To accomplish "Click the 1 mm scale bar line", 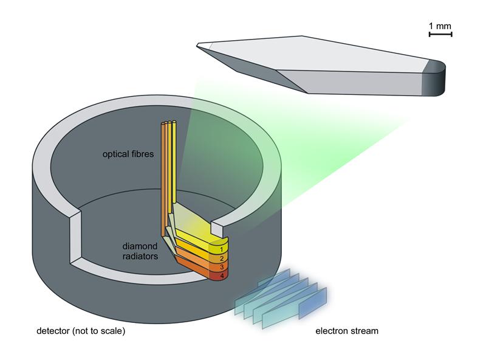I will [440, 35].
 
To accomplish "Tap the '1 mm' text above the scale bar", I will [440, 26].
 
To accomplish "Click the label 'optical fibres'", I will [128, 154].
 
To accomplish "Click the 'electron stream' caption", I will [346, 331].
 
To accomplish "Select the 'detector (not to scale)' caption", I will [81, 331].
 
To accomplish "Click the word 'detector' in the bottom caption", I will [53, 331].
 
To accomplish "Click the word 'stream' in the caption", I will [364, 331].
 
